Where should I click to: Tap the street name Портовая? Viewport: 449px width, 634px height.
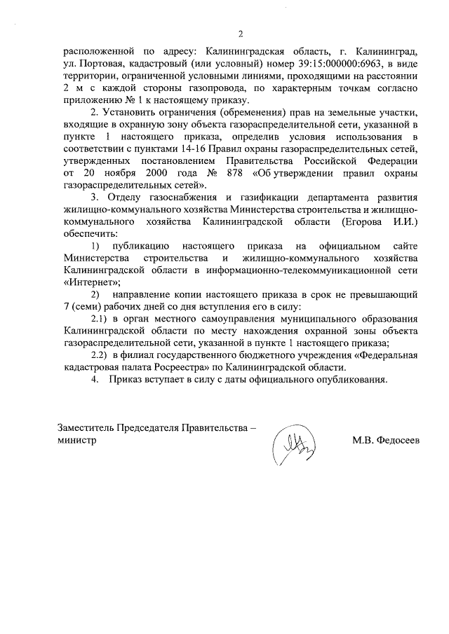tap(100, 64)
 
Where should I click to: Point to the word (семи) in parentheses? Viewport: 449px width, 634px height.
tap(87, 307)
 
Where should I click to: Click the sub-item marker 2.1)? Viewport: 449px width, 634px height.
tap(102, 319)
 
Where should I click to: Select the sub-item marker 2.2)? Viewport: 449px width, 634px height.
tap(102, 355)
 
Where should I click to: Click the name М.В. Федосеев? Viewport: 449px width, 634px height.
tap(386, 441)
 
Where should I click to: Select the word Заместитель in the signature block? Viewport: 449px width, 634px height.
tap(85, 428)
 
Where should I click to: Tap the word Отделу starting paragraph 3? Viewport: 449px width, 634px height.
tap(126, 198)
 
